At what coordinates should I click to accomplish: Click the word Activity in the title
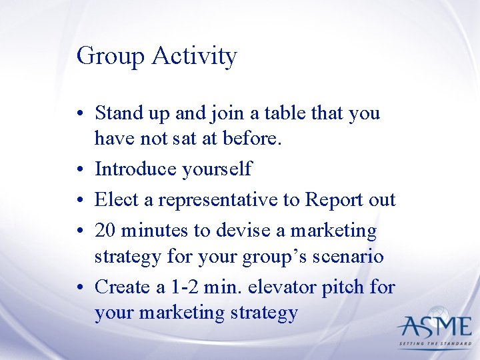[x=194, y=57]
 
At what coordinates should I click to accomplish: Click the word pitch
[x=347, y=287]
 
